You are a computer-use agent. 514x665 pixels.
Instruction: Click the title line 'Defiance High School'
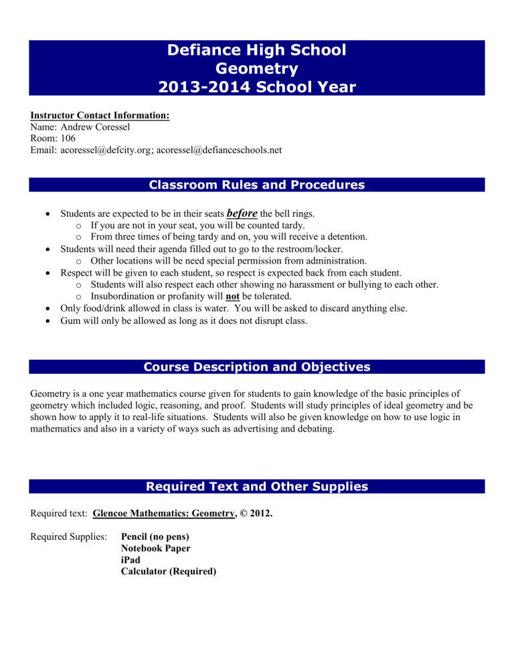pyautogui.click(x=257, y=50)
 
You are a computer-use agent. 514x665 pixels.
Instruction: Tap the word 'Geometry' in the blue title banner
pyautogui.click(x=257, y=68)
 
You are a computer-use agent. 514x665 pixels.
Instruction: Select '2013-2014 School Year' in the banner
pyautogui.click(x=257, y=87)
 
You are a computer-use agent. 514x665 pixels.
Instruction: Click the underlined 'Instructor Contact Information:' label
pyautogui.click(x=100, y=115)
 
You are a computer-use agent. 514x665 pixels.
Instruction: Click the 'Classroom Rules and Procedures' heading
pyautogui.click(x=257, y=185)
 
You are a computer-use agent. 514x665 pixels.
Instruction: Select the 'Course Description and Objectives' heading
pyautogui.click(x=257, y=367)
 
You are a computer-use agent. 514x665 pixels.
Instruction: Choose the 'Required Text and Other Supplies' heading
pyautogui.click(x=257, y=486)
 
